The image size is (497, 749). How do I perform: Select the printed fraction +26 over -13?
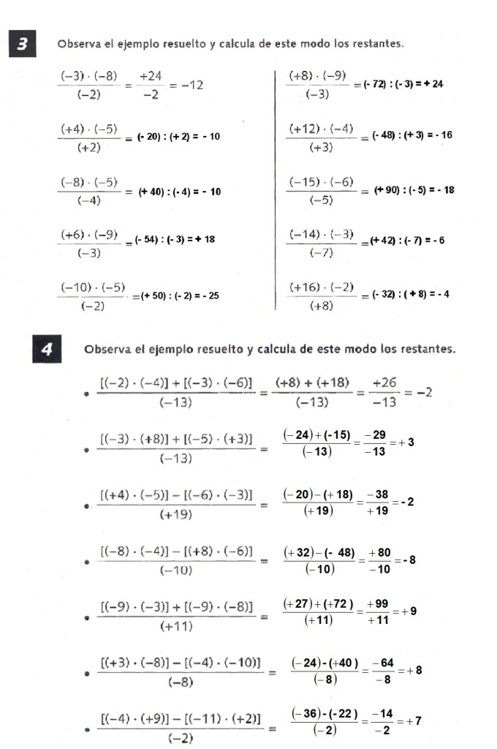point(384,393)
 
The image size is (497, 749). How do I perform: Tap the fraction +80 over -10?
point(379,561)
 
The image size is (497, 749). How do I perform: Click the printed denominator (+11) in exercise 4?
point(175,626)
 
